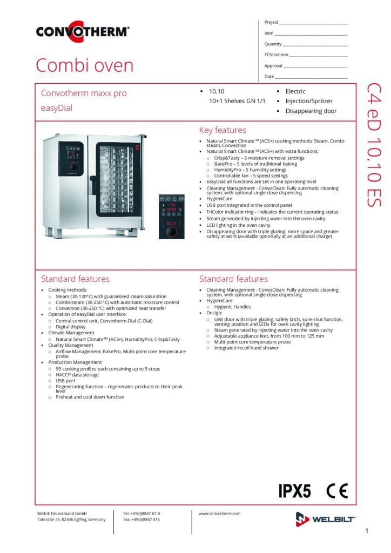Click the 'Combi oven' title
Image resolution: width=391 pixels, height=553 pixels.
click(84, 66)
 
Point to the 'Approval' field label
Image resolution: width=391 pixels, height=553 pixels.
click(273, 66)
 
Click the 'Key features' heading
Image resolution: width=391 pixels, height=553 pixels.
click(223, 130)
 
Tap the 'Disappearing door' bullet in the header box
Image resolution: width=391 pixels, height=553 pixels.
click(311, 111)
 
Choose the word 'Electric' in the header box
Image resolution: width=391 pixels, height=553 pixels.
click(295, 92)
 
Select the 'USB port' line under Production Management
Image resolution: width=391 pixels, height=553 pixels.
click(66, 380)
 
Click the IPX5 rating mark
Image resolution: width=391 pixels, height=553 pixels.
click(294, 491)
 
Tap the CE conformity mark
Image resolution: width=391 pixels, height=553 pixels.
click(338, 491)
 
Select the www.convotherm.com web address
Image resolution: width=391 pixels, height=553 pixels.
click(219, 514)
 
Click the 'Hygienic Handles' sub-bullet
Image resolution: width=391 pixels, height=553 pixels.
click(232, 307)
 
